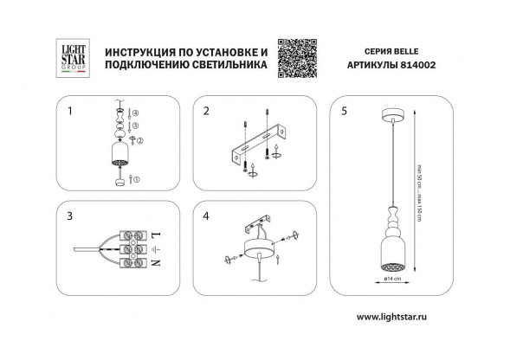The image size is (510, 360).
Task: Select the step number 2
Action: [207, 112]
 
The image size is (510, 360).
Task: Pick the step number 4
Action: [207, 215]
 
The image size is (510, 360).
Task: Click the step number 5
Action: [345, 112]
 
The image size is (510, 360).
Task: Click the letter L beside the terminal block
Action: [154, 235]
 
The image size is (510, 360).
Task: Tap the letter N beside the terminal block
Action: [154, 263]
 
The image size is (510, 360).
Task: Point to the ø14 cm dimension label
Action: [392, 280]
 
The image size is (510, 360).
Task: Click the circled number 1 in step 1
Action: [134, 179]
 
